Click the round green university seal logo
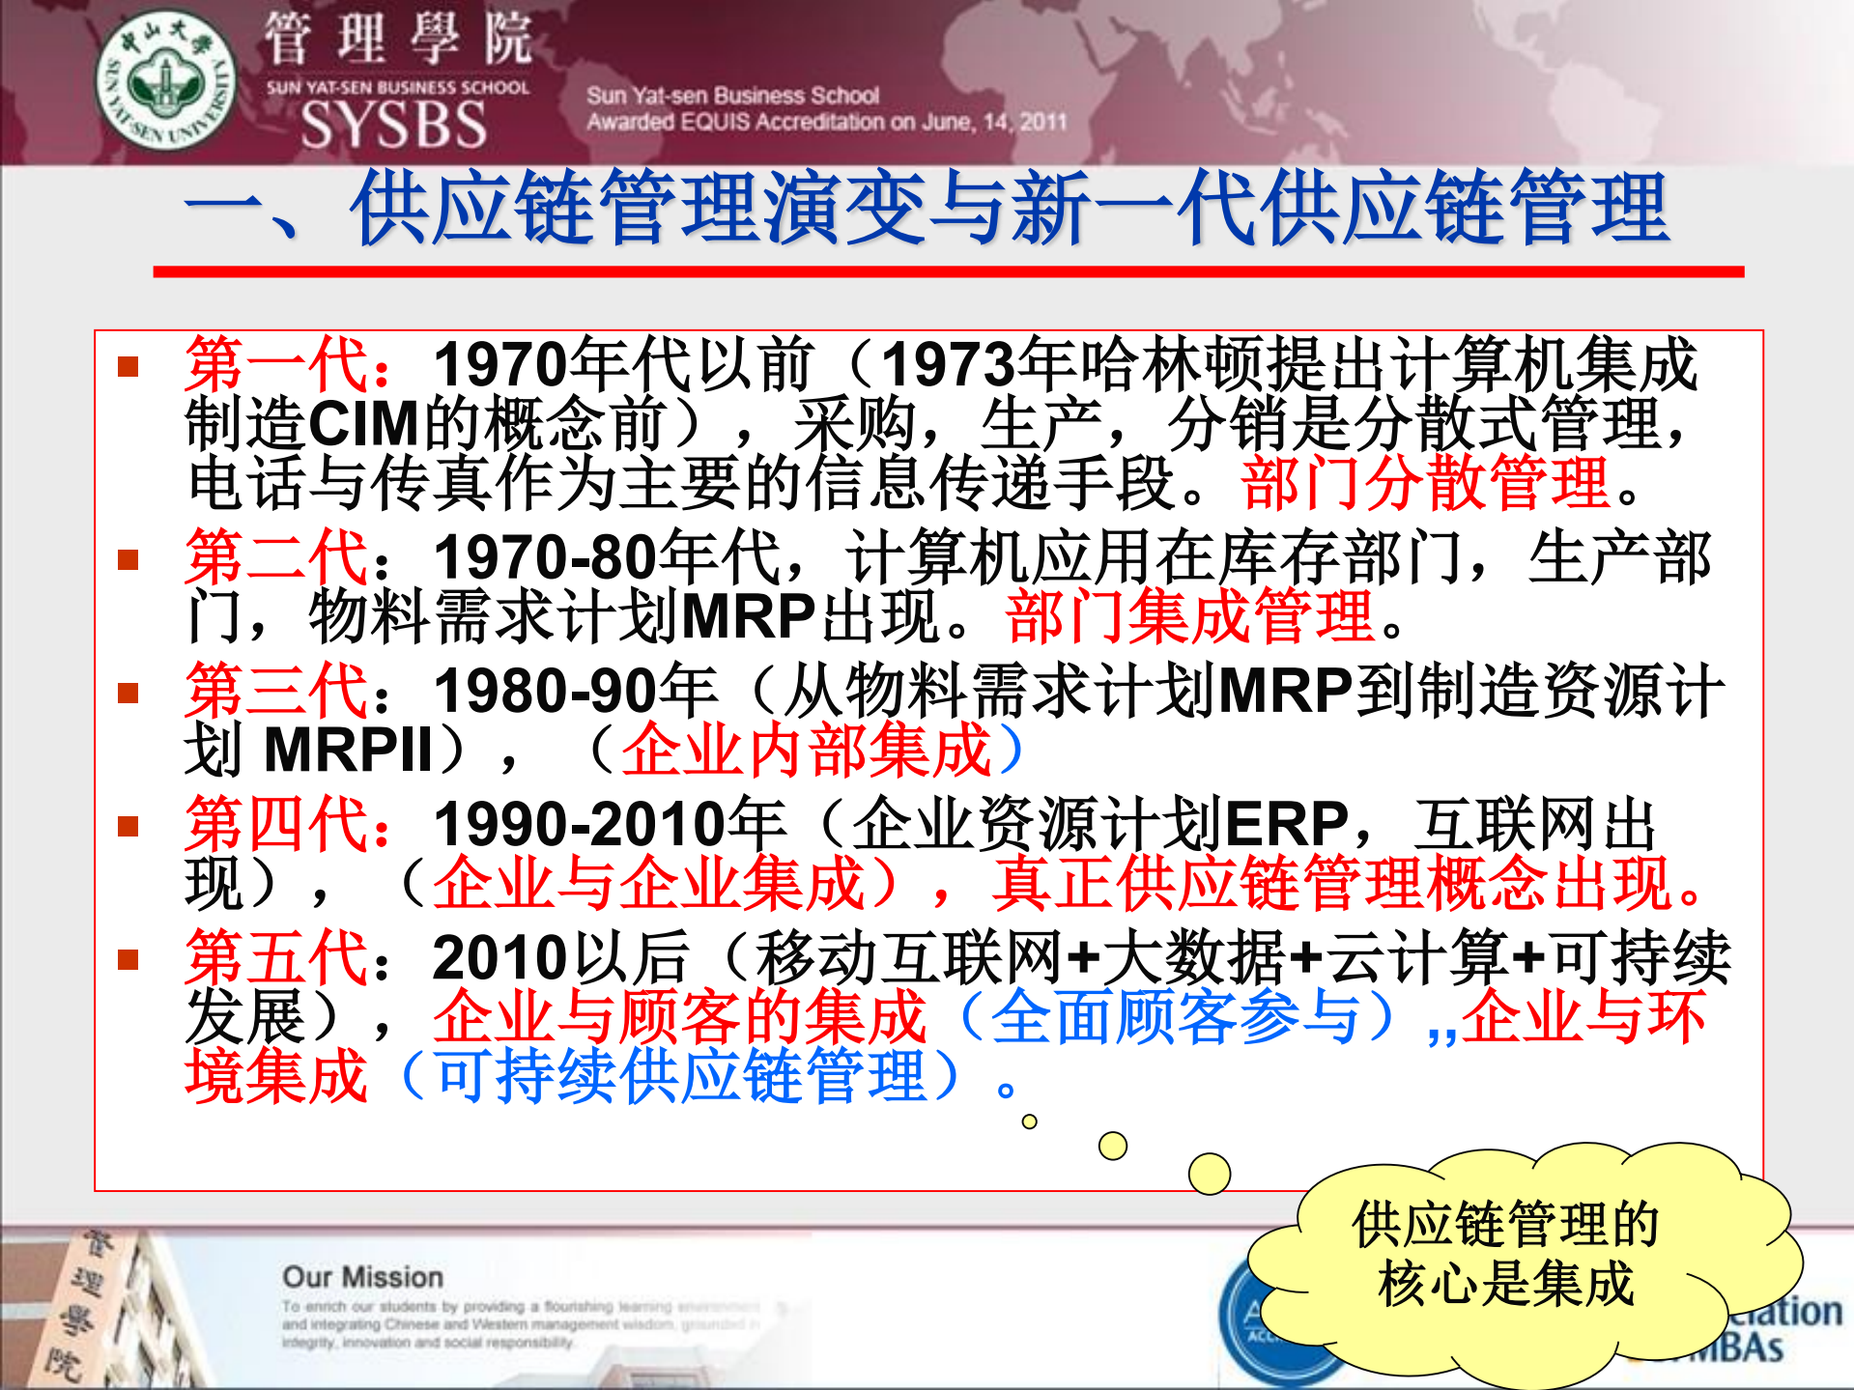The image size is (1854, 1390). pos(166,81)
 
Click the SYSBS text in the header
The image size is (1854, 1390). pos(393,125)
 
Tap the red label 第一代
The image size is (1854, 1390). pos(276,364)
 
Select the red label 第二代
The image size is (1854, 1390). pos(276,557)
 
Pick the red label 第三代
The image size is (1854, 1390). pos(276,691)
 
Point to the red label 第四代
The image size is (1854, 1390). pos(276,824)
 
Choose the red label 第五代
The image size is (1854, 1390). pos(276,957)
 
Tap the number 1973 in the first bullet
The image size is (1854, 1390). pos(948,364)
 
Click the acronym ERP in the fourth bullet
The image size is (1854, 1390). pos(1286,824)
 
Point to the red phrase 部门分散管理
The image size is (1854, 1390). pos(1425,483)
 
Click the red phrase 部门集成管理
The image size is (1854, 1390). pos(1189,616)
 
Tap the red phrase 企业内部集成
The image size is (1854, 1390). pos(807,750)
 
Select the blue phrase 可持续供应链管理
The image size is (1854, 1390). pos(680,1076)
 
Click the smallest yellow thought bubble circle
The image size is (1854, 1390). pos(1030,1121)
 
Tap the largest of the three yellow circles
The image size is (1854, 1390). pos(1209,1174)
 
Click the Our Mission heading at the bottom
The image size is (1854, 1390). pos(362,1277)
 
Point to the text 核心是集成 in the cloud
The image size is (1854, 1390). pos(1505,1285)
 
